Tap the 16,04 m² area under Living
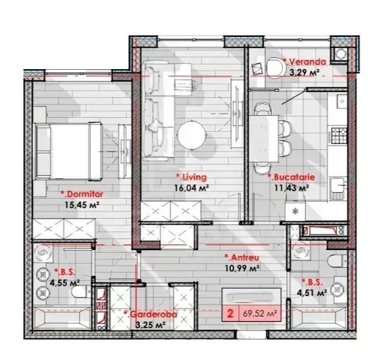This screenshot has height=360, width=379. click(x=191, y=188)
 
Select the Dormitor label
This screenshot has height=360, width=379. click(x=82, y=194)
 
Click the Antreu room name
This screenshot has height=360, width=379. click(x=241, y=257)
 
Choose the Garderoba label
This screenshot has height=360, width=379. click(x=150, y=315)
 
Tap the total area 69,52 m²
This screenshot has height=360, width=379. click(x=260, y=314)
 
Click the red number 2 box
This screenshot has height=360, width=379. click(x=230, y=314)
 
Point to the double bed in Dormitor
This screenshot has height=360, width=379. click(x=68, y=151)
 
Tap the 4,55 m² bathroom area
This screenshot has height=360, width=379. click(x=64, y=282)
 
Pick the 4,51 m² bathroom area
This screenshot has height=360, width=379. click(x=312, y=293)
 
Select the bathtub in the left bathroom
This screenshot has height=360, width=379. click(x=63, y=318)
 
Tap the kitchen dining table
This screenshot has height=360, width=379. click(x=263, y=138)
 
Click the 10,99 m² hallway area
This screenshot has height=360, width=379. click(x=242, y=268)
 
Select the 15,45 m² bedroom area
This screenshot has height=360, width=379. click(x=82, y=205)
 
